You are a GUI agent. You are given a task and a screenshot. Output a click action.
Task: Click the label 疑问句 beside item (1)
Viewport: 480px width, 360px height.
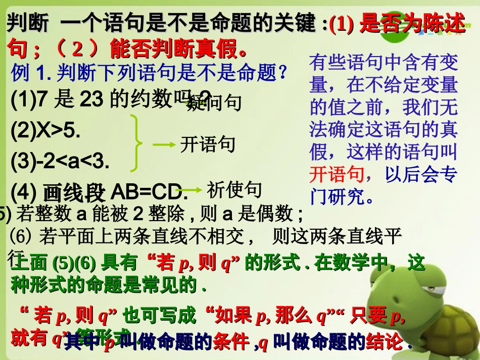[215, 102]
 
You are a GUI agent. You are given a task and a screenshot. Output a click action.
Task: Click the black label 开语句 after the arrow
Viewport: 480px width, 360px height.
[208, 144]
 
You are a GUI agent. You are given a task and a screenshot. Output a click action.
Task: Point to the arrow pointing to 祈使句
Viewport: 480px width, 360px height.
[191, 191]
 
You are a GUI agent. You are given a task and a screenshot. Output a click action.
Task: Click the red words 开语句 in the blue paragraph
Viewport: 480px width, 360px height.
[337, 174]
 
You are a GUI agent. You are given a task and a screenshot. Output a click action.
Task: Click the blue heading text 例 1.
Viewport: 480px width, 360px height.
[28, 74]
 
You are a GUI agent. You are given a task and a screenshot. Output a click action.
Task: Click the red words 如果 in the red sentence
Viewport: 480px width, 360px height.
[233, 316]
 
